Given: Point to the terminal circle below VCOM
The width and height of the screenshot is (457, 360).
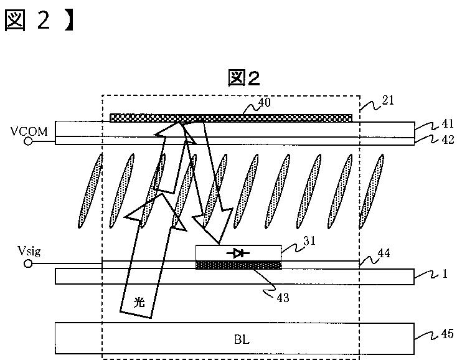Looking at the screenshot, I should [29, 141].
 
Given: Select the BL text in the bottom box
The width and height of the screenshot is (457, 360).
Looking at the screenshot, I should [242, 339].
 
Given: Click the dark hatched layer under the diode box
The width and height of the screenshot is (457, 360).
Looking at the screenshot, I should [238, 265].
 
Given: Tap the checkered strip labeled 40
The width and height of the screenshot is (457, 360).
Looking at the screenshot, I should [230, 118].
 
